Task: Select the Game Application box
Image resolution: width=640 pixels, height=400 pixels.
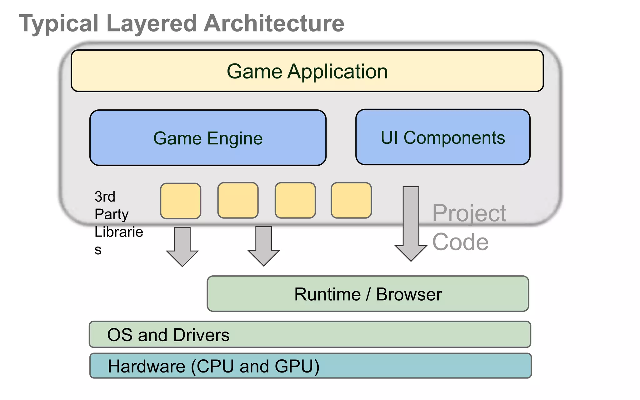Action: click(307, 71)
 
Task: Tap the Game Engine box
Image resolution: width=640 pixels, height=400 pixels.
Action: click(208, 138)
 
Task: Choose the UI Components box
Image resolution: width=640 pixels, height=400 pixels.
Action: click(442, 137)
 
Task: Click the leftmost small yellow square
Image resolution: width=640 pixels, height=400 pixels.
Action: click(181, 201)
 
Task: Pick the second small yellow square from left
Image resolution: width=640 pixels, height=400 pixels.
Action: click(238, 200)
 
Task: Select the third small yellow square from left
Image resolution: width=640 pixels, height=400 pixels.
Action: click(295, 200)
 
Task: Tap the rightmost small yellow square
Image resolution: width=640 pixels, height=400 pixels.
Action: click(351, 200)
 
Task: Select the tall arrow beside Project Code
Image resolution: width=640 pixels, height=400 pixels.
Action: click(411, 223)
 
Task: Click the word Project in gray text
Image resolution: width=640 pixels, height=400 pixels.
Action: click(469, 213)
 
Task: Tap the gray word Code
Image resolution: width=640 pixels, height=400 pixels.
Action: click(460, 242)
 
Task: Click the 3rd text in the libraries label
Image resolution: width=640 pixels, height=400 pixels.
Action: click(105, 197)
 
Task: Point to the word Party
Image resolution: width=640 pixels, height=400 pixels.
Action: click(112, 214)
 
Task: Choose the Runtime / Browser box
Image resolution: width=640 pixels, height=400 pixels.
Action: click(368, 294)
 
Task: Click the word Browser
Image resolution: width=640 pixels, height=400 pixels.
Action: click(409, 294)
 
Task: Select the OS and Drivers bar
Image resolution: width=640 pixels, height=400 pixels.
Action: click(310, 334)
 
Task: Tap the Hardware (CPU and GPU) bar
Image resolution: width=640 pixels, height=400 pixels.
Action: click(310, 366)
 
